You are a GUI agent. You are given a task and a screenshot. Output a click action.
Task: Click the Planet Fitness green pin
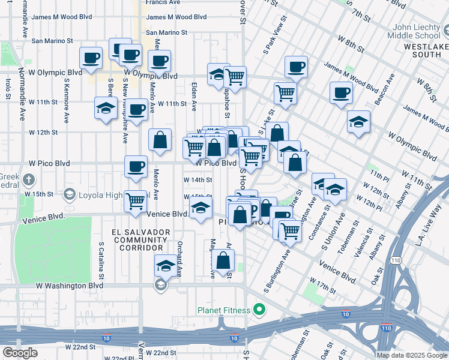[x=259, y=310]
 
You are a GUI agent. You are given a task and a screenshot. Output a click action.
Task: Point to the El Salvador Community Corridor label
[x=140, y=239]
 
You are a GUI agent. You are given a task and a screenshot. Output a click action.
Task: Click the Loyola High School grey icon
[x=70, y=194]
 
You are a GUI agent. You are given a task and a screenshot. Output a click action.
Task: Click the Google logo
[x=20, y=353]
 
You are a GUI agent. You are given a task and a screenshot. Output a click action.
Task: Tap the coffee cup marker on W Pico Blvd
[x=136, y=167]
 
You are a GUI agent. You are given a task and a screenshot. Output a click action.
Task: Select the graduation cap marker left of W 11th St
[x=106, y=109]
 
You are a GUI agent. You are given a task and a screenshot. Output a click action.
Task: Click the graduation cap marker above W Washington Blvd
[x=166, y=265]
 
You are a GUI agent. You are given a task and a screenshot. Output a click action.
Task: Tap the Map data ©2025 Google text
[x=412, y=355]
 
